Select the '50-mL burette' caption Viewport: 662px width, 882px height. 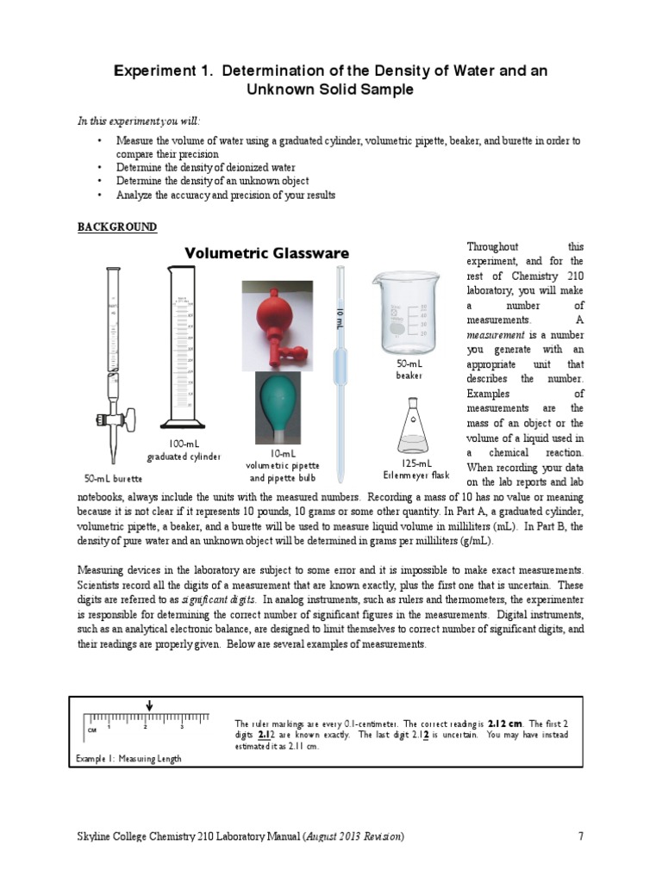tap(113, 477)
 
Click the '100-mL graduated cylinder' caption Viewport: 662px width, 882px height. tap(184, 450)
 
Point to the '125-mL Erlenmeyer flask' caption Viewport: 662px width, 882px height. tap(415, 469)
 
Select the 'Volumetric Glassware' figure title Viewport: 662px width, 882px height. tap(267, 253)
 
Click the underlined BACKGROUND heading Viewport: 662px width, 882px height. tap(117, 227)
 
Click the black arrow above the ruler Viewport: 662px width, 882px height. tap(149, 705)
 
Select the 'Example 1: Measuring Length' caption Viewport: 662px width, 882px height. tap(128, 758)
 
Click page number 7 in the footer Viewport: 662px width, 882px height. tap(581, 835)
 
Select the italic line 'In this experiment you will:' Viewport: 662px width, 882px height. tap(142, 121)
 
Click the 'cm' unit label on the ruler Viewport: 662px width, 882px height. tap(91, 730)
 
